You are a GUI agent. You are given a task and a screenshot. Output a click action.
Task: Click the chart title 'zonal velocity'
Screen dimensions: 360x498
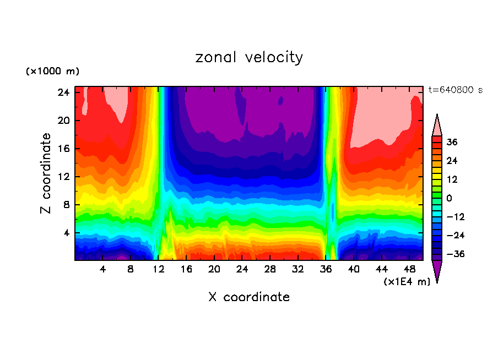249,57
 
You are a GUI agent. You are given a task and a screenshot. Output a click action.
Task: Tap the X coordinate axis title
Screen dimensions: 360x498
249,297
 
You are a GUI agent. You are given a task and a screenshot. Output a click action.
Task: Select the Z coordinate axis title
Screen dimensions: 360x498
46,173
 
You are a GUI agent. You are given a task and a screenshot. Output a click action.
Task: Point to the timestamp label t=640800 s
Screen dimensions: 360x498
455,90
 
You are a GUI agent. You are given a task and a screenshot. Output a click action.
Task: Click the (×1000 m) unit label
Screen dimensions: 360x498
52,72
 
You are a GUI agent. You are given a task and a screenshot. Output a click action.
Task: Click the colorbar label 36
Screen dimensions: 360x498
452,142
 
